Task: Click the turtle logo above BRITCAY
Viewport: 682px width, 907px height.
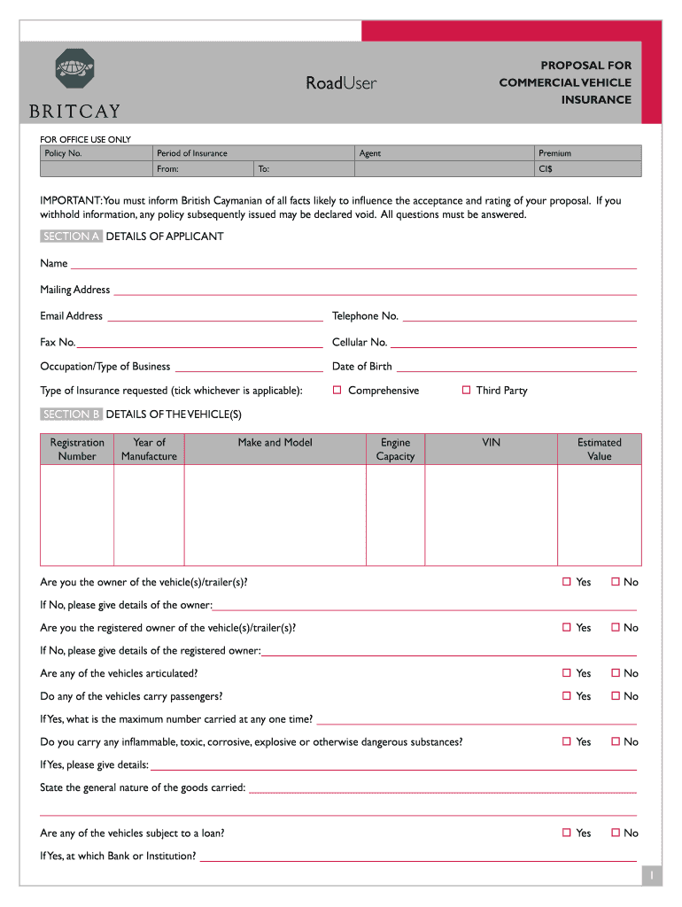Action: point(74,69)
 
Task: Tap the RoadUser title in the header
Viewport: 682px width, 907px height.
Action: point(341,83)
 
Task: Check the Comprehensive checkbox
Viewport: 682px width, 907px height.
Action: point(337,391)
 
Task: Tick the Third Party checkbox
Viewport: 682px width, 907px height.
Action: point(466,391)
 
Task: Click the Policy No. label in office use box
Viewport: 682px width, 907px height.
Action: point(63,153)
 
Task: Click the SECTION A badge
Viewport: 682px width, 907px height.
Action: point(71,236)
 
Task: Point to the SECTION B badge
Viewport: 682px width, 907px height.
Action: point(71,415)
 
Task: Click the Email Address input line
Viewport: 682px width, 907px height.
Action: point(214,319)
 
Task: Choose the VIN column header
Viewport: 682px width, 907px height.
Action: point(491,443)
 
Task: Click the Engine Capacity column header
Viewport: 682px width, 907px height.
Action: point(395,449)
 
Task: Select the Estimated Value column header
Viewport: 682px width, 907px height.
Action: point(600,449)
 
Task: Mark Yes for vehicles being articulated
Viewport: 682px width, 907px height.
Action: point(567,673)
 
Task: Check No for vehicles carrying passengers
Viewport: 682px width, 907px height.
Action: point(616,696)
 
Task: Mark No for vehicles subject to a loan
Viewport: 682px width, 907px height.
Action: point(616,833)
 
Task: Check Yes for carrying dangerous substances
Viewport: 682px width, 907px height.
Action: point(567,741)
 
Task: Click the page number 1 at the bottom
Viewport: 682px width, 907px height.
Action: point(651,875)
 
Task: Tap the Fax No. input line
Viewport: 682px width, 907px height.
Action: point(200,345)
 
